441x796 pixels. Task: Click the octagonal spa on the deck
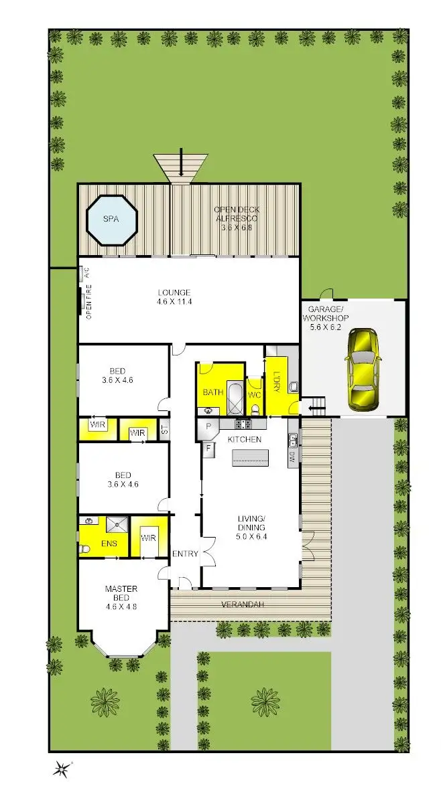point(112,220)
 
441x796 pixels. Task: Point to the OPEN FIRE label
point(88,303)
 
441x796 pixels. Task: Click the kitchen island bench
point(249,457)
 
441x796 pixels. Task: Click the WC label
point(254,395)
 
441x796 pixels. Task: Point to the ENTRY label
point(185,554)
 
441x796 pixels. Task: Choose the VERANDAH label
point(242,605)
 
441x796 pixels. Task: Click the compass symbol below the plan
point(62,770)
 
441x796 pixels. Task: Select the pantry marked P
point(208,426)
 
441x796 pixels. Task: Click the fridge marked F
point(208,448)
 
